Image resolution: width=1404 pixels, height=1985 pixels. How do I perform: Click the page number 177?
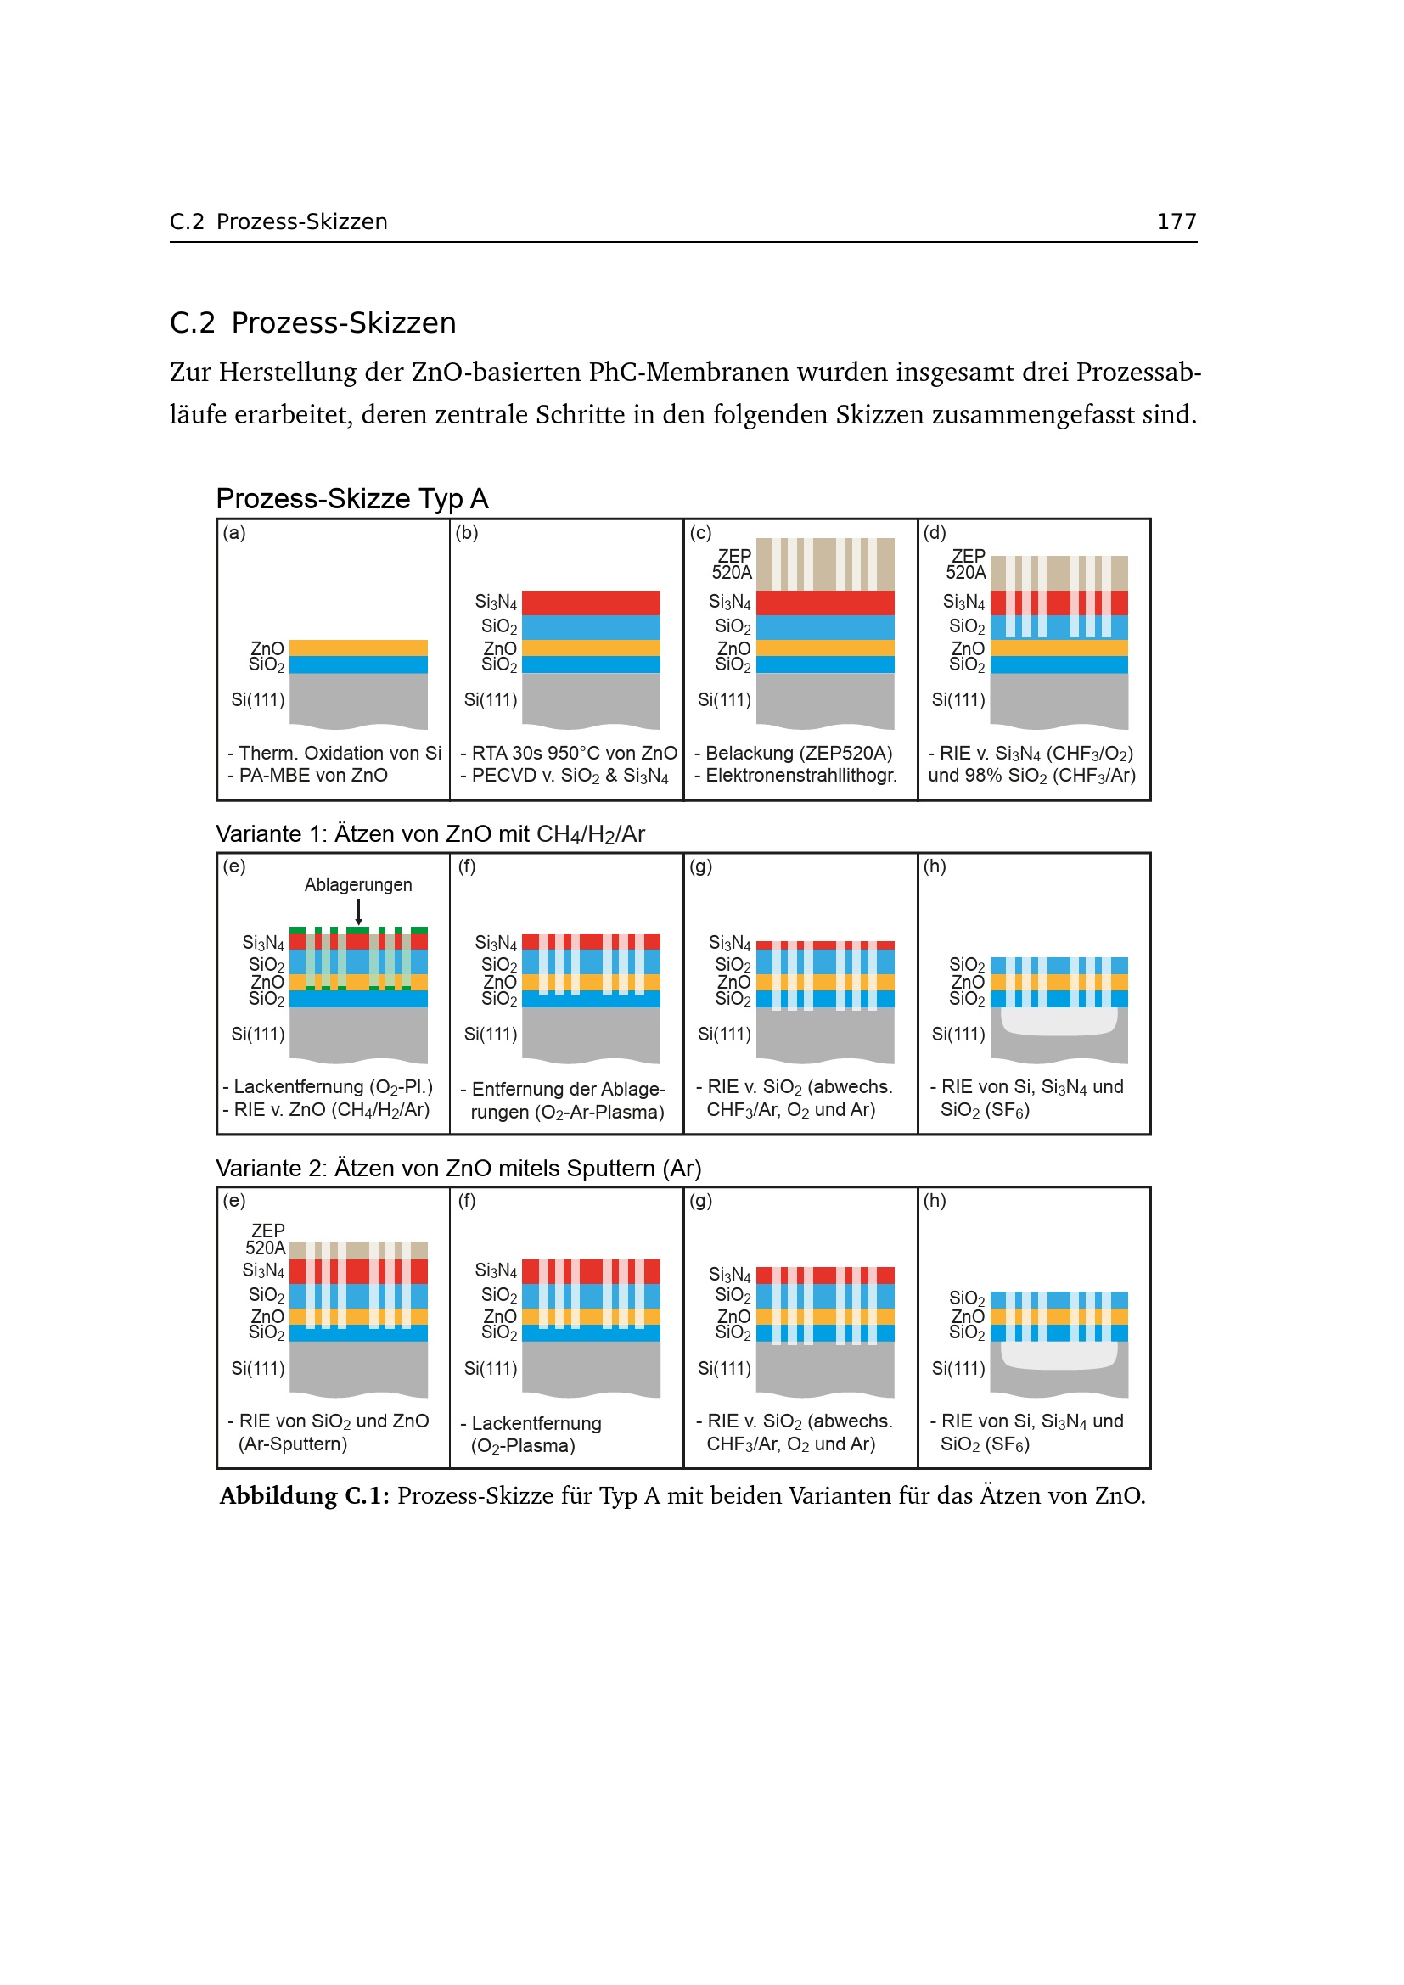point(1176,222)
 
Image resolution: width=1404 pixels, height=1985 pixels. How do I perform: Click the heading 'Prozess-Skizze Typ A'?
point(352,499)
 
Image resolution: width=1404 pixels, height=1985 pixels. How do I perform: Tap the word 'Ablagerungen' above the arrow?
point(358,884)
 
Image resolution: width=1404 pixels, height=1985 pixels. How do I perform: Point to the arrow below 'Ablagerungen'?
point(359,911)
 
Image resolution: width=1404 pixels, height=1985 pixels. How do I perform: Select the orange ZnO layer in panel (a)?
point(358,648)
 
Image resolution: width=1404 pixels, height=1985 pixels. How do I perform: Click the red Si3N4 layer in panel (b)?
point(591,603)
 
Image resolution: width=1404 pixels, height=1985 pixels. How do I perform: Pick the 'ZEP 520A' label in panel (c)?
point(733,564)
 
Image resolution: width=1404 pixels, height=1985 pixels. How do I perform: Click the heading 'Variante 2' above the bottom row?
point(458,1169)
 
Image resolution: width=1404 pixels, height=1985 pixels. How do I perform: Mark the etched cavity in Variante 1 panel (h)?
point(1059,1022)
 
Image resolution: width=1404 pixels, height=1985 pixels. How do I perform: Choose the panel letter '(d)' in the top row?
point(935,533)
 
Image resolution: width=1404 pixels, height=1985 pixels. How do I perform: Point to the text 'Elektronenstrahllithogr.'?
point(800,776)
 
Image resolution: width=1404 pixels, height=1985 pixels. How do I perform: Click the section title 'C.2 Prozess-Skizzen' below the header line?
point(312,322)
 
